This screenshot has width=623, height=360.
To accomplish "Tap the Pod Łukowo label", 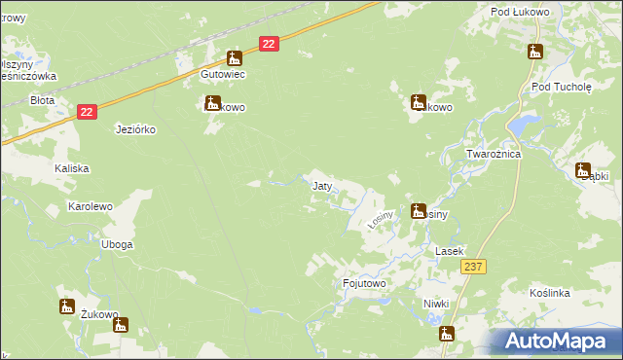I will (515, 12).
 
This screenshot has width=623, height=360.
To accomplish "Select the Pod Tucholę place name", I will (562, 86).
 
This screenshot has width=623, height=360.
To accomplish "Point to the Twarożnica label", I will (494, 155).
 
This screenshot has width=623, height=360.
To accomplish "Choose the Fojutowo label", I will (365, 283).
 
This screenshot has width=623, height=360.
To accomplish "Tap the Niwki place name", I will (436, 304).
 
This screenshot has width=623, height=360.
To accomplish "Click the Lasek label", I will (447, 251).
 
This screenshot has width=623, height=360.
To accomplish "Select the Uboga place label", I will (117, 244).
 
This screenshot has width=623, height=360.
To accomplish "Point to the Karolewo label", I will (91, 206).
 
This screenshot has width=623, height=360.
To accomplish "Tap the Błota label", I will (42, 99).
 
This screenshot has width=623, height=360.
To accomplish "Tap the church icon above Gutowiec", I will (234, 57).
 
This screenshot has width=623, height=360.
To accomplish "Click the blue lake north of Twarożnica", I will (525, 125).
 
